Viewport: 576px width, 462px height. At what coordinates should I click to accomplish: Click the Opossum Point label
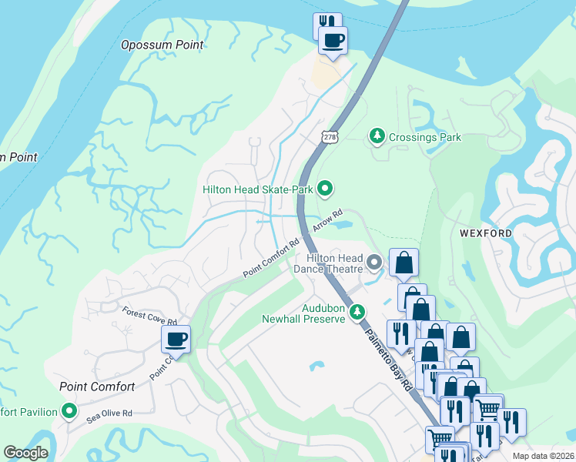point(162,45)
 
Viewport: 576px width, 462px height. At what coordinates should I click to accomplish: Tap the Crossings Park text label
point(425,137)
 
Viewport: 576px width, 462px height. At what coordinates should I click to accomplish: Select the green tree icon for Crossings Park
point(377,137)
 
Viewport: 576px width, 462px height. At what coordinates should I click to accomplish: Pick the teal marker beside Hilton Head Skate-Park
point(325,188)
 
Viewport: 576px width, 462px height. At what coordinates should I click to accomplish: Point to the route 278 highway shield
point(330,136)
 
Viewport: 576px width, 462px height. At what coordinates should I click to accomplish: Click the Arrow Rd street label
point(326,221)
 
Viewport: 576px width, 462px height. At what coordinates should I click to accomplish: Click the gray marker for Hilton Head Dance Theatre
point(374,263)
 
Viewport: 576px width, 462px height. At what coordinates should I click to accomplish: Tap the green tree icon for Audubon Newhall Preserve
point(357,312)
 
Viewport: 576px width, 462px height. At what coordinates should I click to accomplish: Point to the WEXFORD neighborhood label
point(486,233)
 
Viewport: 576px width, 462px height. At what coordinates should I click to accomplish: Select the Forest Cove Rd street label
point(149,316)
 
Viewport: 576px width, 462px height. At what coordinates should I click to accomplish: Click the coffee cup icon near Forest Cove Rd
point(176,339)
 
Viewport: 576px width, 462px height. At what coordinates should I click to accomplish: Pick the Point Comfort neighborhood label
point(97,387)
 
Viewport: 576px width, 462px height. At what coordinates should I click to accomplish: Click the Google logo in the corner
point(25,453)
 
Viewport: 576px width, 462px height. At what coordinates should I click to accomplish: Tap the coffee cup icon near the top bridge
point(333,41)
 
